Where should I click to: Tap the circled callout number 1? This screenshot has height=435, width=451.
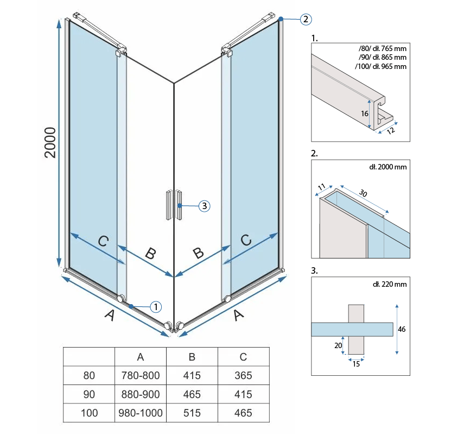(x=155, y=307)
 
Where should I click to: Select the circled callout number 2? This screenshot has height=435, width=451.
(x=305, y=20)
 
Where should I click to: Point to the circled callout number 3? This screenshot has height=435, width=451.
(x=204, y=206)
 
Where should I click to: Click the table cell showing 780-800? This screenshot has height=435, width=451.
(x=141, y=375)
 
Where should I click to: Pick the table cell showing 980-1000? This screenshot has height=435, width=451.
(x=141, y=413)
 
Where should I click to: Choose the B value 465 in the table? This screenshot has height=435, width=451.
(x=192, y=394)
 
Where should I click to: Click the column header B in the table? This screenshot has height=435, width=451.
(x=192, y=356)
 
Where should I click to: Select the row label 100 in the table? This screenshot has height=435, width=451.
(x=90, y=413)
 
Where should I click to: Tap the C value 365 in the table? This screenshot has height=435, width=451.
(x=243, y=375)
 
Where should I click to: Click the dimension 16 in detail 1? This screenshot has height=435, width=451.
(x=364, y=114)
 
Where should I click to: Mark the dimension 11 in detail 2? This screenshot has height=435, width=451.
(x=322, y=188)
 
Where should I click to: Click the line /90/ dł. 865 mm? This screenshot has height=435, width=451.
(x=382, y=57)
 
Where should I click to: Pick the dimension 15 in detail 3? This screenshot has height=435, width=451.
(x=355, y=364)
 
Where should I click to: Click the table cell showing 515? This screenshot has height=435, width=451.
(x=192, y=413)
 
